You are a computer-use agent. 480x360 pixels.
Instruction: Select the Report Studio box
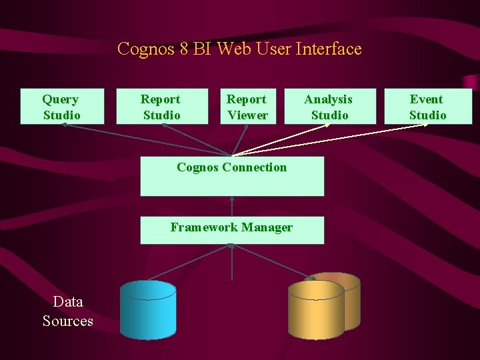point(161,107)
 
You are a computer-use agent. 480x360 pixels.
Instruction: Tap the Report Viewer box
point(247,107)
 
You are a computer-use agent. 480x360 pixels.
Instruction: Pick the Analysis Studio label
point(329,107)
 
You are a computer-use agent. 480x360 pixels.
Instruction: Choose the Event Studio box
point(428,107)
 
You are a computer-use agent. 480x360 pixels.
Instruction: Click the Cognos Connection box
point(232,177)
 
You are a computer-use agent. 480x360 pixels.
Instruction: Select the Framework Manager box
point(232,230)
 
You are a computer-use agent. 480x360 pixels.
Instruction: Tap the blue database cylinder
point(148,309)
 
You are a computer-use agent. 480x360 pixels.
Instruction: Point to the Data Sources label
point(68,311)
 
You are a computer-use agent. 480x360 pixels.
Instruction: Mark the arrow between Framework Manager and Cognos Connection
point(232,206)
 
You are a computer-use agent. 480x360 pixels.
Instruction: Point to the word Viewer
point(248,115)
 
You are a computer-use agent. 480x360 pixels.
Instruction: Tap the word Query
point(61,99)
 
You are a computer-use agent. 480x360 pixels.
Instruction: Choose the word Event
point(427,99)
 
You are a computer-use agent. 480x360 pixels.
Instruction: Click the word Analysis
point(329,99)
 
